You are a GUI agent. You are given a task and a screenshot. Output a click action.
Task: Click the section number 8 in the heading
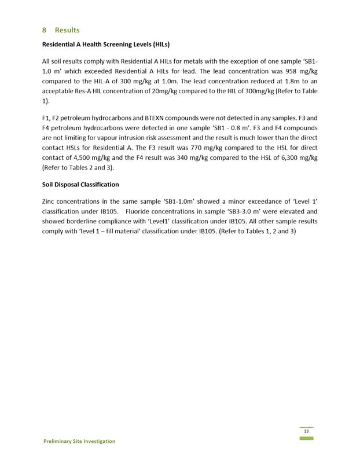pos(45,30)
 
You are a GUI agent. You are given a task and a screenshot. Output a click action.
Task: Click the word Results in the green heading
pos(67,30)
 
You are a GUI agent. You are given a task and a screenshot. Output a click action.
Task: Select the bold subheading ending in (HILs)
pos(106,45)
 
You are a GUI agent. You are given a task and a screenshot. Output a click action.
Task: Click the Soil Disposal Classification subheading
pos(80,185)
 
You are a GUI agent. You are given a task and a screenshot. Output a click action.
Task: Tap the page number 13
pos(306,432)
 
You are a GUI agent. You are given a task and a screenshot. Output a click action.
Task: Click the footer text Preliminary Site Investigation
pos(79,441)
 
